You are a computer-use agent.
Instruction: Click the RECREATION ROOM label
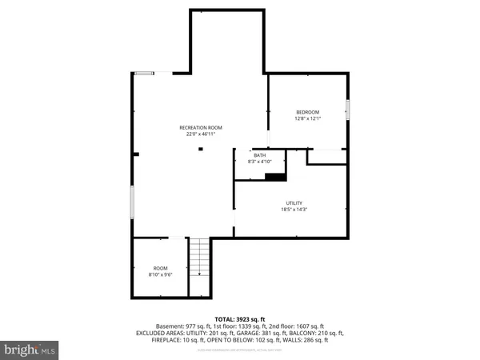tap(200, 128)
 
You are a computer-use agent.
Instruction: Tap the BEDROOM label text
tap(307, 112)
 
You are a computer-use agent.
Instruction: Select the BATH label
tap(259, 155)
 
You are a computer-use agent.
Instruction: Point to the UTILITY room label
tap(295, 203)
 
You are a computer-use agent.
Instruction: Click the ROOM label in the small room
tap(161, 268)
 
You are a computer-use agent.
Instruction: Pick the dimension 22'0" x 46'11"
tap(200, 134)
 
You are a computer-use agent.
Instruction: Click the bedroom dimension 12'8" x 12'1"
tap(307, 119)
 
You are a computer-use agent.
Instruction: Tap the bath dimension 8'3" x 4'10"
tap(259, 162)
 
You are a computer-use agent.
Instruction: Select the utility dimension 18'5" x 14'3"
tap(295, 210)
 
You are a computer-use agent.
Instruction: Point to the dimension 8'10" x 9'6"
tap(161, 274)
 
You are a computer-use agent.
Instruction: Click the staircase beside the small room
tap(198, 267)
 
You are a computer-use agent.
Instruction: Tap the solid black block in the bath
tap(275, 178)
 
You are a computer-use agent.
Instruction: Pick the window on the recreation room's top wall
tap(144, 73)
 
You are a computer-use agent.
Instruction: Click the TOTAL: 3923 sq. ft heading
tap(240, 319)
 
